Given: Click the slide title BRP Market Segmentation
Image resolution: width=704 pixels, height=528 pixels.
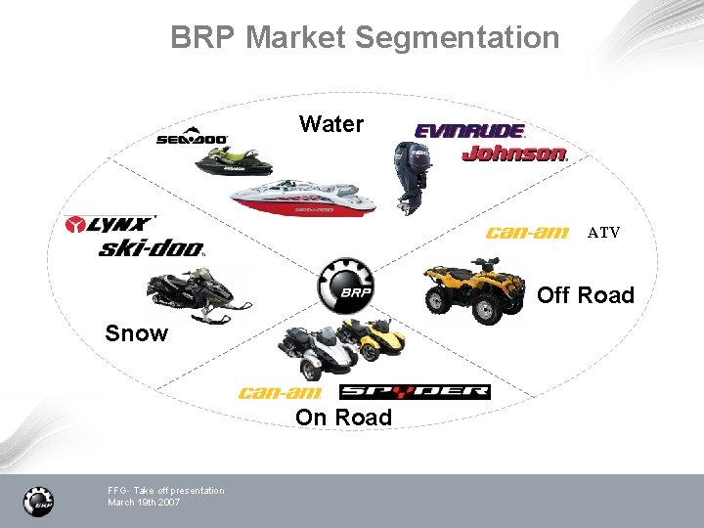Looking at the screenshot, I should [x=365, y=38].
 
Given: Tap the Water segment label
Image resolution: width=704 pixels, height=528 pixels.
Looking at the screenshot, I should [x=331, y=124].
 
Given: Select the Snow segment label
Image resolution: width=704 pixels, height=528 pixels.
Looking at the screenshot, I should [x=137, y=333].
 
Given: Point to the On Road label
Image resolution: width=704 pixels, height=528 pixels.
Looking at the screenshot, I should [x=343, y=418].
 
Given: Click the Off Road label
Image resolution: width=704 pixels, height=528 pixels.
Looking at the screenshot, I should [x=586, y=295].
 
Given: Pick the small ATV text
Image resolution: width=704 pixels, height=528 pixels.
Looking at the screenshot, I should [x=603, y=233].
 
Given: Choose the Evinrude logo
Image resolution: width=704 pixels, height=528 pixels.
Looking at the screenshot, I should [x=470, y=130].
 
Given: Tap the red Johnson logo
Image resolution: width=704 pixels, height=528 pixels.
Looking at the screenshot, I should [x=514, y=154].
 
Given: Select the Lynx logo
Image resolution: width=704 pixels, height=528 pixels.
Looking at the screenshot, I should [x=110, y=225].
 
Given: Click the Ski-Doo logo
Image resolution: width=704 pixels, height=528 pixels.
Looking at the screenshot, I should [x=152, y=248].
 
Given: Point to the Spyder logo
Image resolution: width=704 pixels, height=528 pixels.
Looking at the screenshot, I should [x=415, y=392].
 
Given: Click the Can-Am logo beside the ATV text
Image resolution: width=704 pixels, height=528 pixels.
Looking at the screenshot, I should [x=527, y=233].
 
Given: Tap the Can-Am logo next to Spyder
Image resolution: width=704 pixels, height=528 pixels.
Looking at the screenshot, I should [x=281, y=393].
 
